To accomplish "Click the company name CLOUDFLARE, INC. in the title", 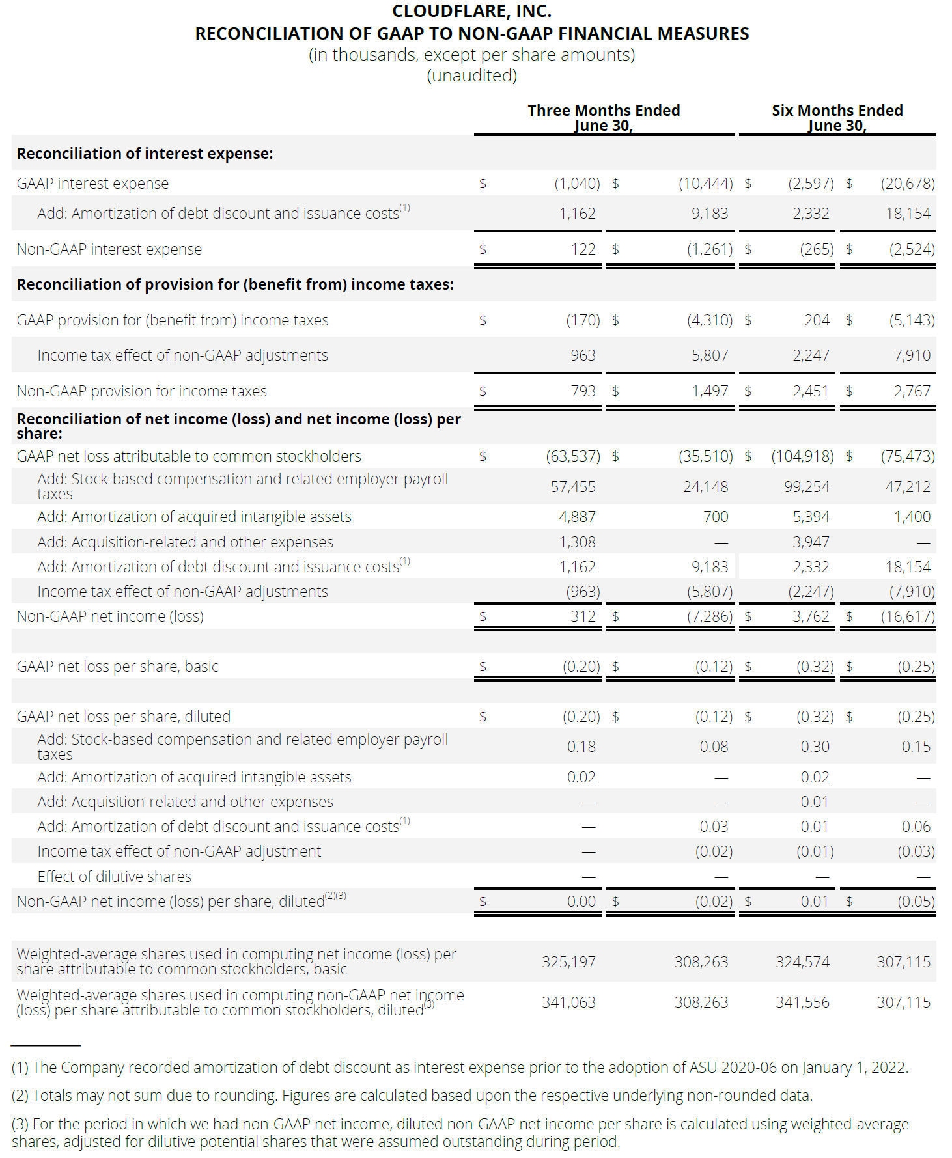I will (x=471, y=11).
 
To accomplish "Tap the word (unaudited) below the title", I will (x=471, y=76).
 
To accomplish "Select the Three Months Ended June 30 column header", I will (x=604, y=118).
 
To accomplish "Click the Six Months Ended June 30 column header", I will (x=837, y=118).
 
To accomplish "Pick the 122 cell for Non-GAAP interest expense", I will (x=583, y=249).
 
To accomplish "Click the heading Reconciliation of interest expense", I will (x=145, y=154).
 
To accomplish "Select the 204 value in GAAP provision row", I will (x=817, y=320).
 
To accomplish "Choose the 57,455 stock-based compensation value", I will (x=573, y=487).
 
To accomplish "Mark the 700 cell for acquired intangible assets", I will (x=715, y=517).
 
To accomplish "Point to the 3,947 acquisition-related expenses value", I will (x=811, y=542).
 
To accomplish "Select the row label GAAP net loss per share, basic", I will (x=117, y=667).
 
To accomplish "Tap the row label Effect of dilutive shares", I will (x=114, y=877).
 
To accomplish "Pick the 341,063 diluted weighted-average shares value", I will (x=568, y=1002).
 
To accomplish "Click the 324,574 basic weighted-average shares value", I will (x=802, y=962).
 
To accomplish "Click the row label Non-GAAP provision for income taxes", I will (x=141, y=391).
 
